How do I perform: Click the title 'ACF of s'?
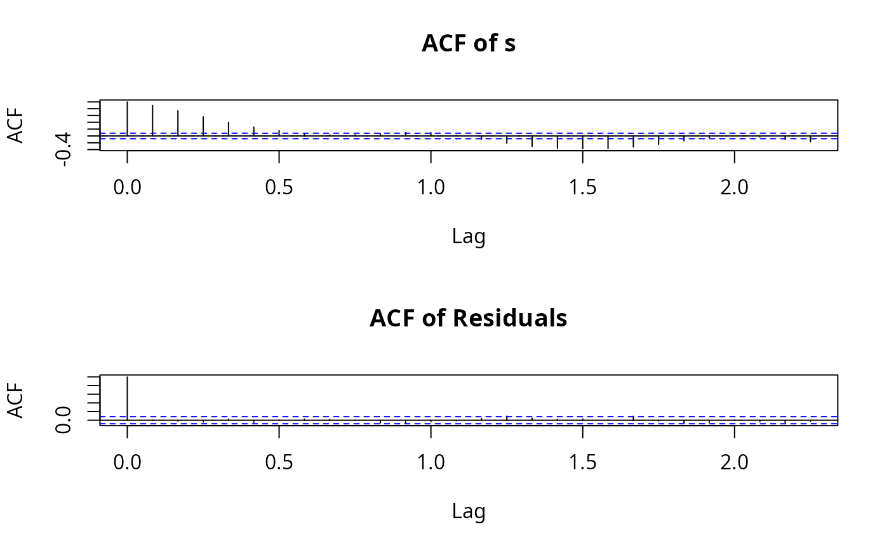pos(469,44)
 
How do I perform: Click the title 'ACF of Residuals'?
pos(469,318)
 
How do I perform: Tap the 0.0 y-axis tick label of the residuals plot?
pos(63,420)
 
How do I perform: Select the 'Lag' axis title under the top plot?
pos(469,236)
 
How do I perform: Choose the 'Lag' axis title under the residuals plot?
pos(469,511)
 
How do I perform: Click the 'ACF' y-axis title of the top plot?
pos(16,125)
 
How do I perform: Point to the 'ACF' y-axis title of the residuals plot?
pos(16,400)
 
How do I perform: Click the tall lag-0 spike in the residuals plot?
pos(128,398)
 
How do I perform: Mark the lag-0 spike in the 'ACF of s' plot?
pos(128,118)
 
